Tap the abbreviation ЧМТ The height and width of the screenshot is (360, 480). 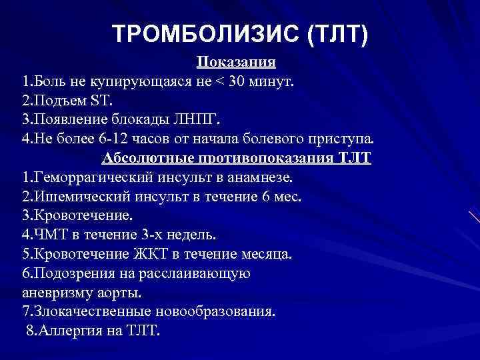click(47, 235)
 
